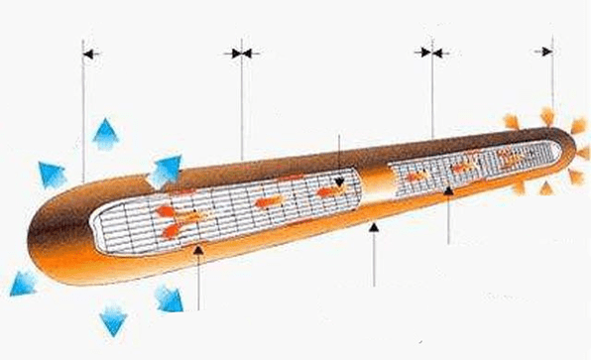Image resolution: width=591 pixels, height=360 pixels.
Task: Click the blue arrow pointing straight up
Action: point(103,134)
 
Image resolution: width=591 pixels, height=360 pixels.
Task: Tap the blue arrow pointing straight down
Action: point(114,320)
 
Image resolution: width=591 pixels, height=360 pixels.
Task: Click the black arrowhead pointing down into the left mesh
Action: point(339,180)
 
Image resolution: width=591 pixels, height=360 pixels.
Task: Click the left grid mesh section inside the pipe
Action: point(228,211)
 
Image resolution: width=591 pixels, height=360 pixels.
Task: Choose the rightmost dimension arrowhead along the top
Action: point(545,52)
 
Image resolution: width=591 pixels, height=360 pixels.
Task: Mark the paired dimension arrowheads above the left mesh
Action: point(242,53)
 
